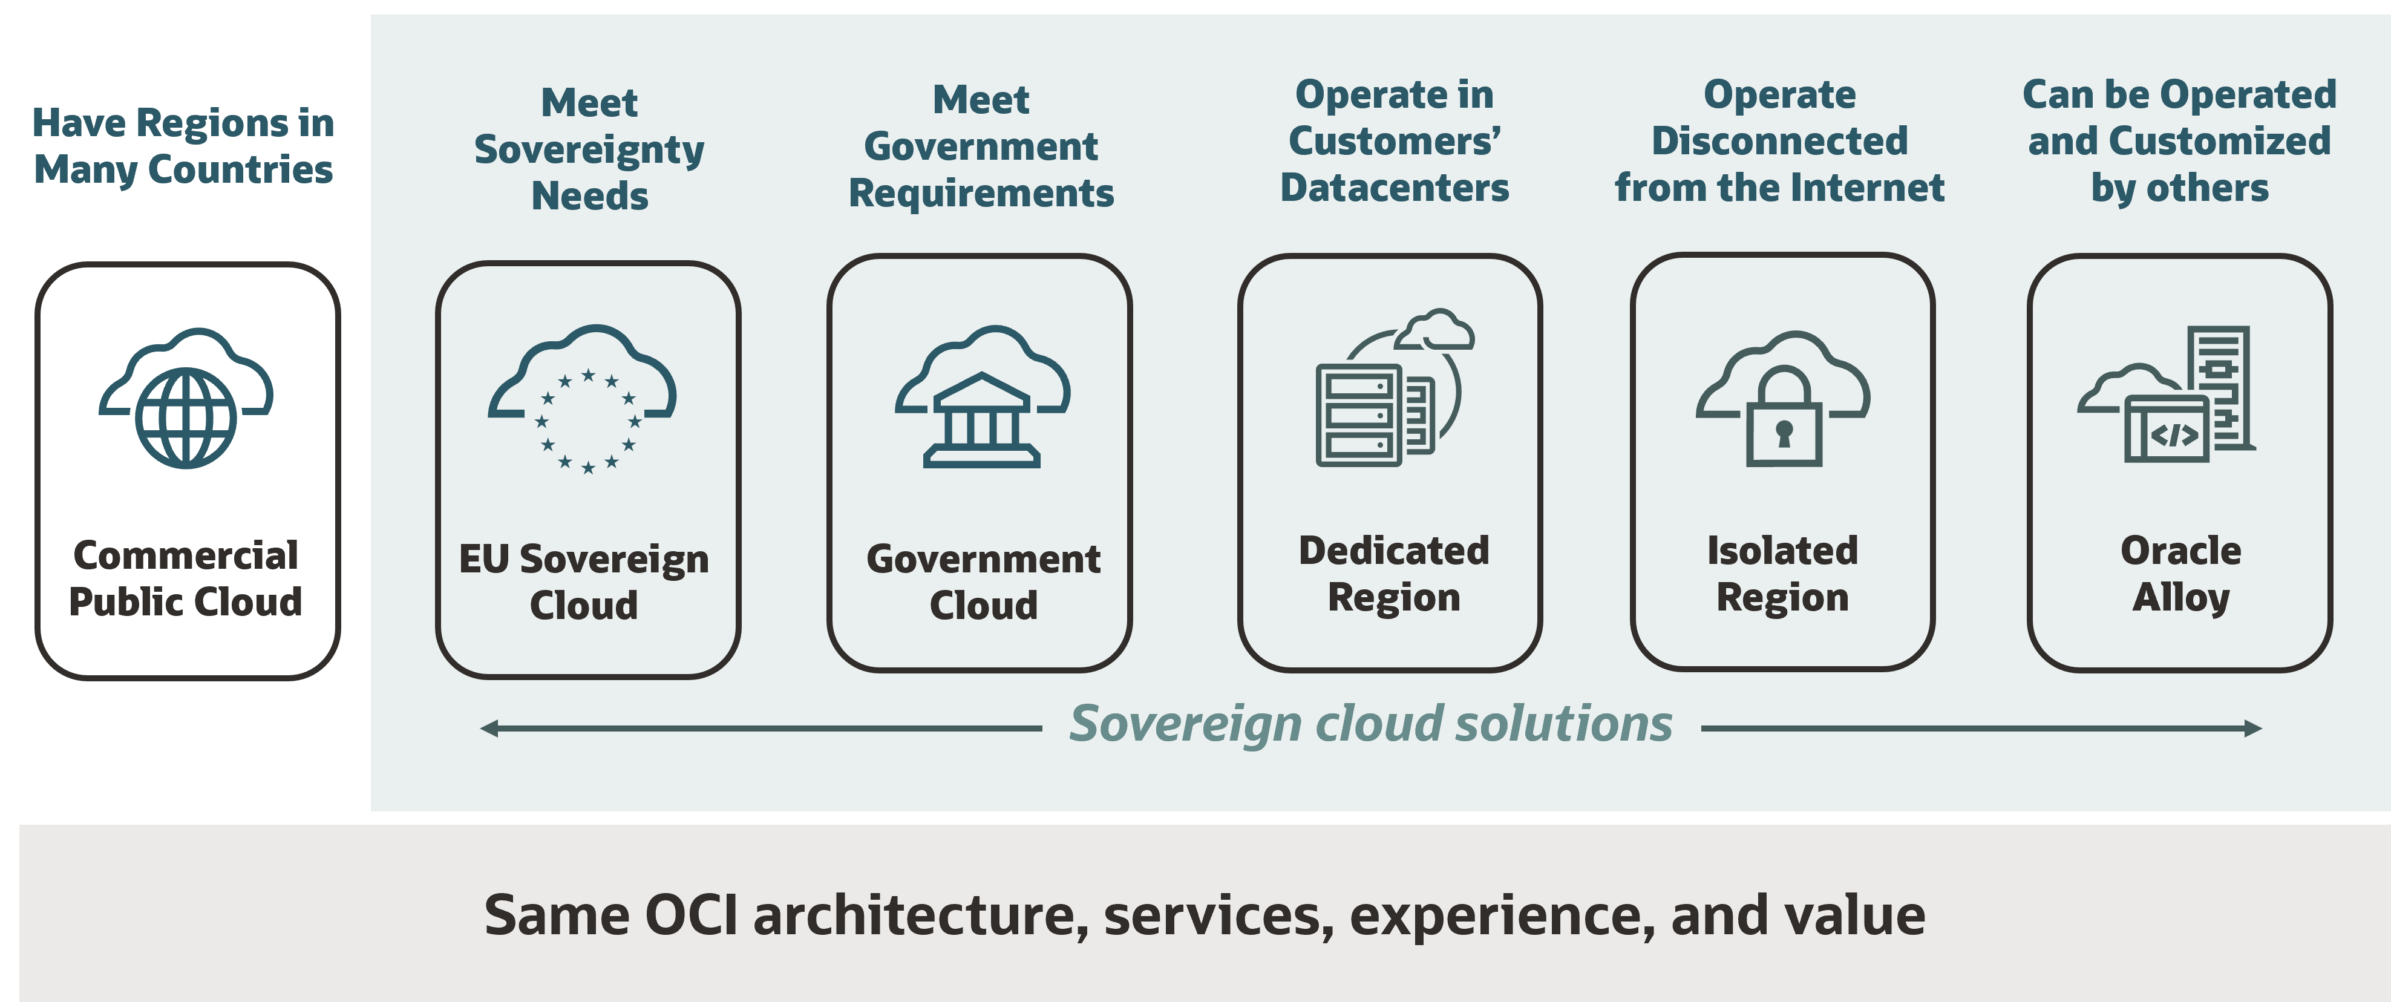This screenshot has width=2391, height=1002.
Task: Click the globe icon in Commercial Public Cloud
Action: [186, 418]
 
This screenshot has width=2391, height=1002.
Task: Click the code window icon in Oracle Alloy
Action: [2167, 428]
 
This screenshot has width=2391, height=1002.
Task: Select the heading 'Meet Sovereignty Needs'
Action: [589, 149]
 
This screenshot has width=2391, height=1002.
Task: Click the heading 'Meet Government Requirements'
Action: [981, 146]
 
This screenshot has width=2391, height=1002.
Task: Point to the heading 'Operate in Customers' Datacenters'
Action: [1394, 141]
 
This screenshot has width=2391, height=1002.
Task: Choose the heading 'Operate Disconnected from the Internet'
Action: [1779, 141]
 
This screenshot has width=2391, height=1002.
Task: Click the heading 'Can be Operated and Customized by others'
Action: [2179, 141]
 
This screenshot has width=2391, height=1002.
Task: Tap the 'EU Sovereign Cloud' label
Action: [584, 581]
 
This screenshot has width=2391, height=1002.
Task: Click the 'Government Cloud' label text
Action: [983, 581]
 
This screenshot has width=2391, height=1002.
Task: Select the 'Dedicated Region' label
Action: [1393, 574]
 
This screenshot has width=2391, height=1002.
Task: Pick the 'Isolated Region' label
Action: [1782, 574]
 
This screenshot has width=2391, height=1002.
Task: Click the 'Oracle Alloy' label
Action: [2180, 574]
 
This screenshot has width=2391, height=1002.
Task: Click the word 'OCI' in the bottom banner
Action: [692, 915]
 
